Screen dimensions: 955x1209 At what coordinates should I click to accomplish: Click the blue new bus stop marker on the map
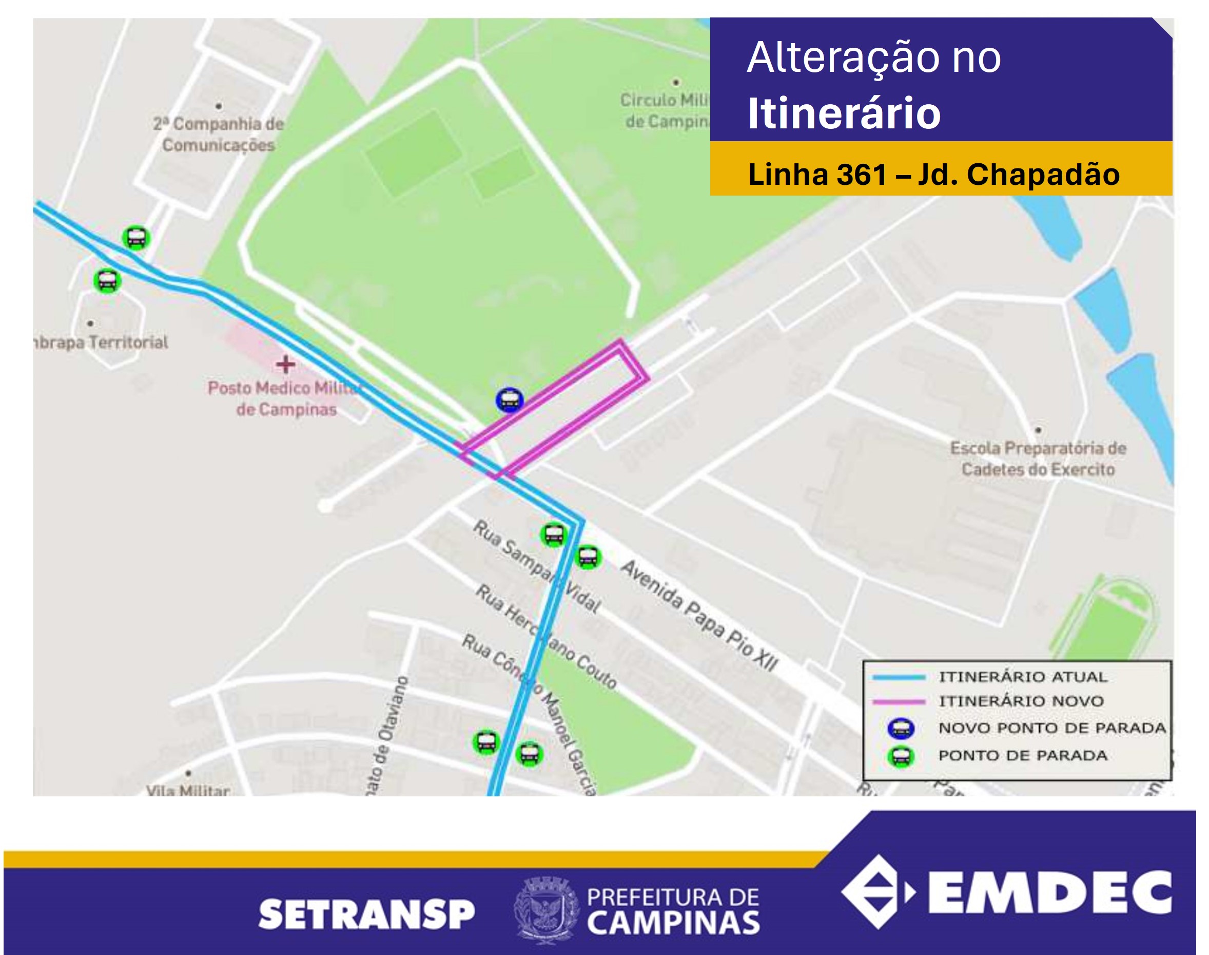click(x=509, y=400)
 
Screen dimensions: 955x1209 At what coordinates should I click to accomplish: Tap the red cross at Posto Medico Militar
click(x=285, y=365)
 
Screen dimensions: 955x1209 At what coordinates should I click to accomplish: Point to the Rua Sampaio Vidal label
click(x=536, y=566)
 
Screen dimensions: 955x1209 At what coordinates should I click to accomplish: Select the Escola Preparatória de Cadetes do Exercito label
click(x=1038, y=459)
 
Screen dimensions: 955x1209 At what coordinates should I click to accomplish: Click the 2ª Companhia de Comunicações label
click(x=219, y=134)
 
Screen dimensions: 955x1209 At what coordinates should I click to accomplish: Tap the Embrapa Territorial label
click(x=101, y=342)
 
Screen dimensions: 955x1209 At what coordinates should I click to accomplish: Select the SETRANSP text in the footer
click(x=366, y=915)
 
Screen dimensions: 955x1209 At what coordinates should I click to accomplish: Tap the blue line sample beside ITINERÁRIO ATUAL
click(x=899, y=677)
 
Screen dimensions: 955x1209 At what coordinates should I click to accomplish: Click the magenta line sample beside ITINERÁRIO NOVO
click(x=899, y=701)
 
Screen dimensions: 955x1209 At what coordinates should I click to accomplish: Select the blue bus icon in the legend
click(x=901, y=729)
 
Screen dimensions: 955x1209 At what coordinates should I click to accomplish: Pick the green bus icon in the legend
click(x=901, y=756)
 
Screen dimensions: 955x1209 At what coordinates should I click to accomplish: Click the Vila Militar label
click(x=188, y=791)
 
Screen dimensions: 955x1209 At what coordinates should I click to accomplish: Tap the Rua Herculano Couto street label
click(x=545, y=636)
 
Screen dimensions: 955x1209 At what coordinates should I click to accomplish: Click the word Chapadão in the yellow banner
click(x=1043, y=175)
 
